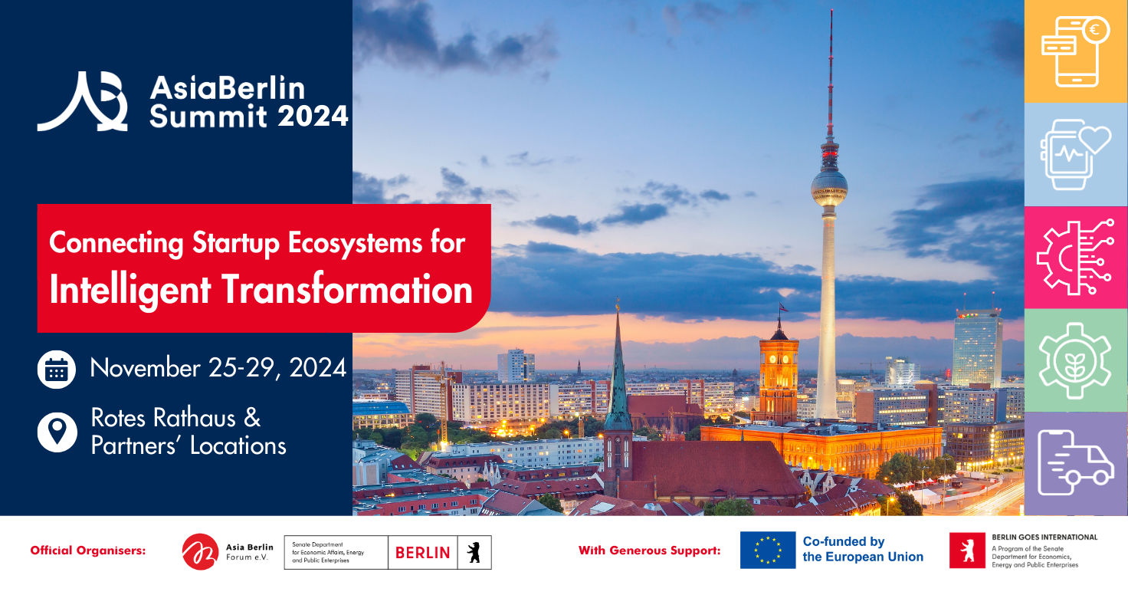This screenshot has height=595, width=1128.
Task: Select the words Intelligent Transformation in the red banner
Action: tap(261, 290)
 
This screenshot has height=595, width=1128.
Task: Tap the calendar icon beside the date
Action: tap(57, 370)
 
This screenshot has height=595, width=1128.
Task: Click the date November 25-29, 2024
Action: tap(218, 368)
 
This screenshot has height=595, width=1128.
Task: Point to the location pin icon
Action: tap(57, 432)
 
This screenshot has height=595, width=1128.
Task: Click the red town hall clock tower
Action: tap(779, 376)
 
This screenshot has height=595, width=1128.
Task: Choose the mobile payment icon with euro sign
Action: tap(1075, 51)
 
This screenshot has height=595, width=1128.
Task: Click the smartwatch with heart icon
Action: tap(1075, 153)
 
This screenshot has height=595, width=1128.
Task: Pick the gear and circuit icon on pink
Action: tap(1075, 256)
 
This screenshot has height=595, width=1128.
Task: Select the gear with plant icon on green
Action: tap(1075, 360)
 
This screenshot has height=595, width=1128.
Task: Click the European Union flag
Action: tap(768, 550)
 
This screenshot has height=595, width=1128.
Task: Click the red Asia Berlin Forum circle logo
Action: tap(200, 551)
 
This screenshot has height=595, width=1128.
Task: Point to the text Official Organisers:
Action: tap(88, 551)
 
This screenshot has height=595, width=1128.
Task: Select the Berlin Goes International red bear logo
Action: tap(967, 551)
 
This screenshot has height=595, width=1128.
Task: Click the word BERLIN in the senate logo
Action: tap(422, 553)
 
